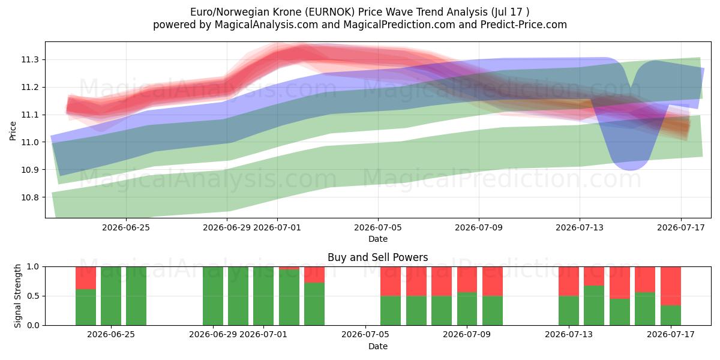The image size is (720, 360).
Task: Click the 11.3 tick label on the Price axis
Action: tap(30, 60)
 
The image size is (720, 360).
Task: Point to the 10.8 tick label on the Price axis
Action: tap(30, 197)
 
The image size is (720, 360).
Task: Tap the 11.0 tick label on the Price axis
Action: tap(30, 142)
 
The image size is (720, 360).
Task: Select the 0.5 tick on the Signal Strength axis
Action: tap(32, 296)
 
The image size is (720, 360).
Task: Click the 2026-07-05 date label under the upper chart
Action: tap(378, 227)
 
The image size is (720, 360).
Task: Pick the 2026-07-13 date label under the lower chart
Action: tap(569, 335)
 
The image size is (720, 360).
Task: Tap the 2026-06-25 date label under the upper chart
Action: tap(126, 227)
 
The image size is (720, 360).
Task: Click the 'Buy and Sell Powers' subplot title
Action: tap(377, 257)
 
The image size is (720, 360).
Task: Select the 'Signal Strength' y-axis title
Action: tap(17, 296)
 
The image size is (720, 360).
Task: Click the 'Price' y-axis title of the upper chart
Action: tap(13, 131)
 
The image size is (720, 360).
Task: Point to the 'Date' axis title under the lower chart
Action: tap(378, 347)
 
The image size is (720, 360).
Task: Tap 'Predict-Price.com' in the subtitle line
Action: tap(524, 25)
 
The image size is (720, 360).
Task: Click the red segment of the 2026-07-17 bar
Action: tap(671, 286)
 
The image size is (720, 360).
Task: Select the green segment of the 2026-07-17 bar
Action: tap(671, 316)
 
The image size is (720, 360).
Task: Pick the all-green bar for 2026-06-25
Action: tap(111, 296)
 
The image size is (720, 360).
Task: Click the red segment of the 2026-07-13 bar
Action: tap(569, 281)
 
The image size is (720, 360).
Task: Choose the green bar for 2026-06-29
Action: tap(213, 296)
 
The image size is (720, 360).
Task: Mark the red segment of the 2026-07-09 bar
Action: tap(467, 280)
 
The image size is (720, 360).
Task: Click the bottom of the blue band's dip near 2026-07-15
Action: tap(630, 169)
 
